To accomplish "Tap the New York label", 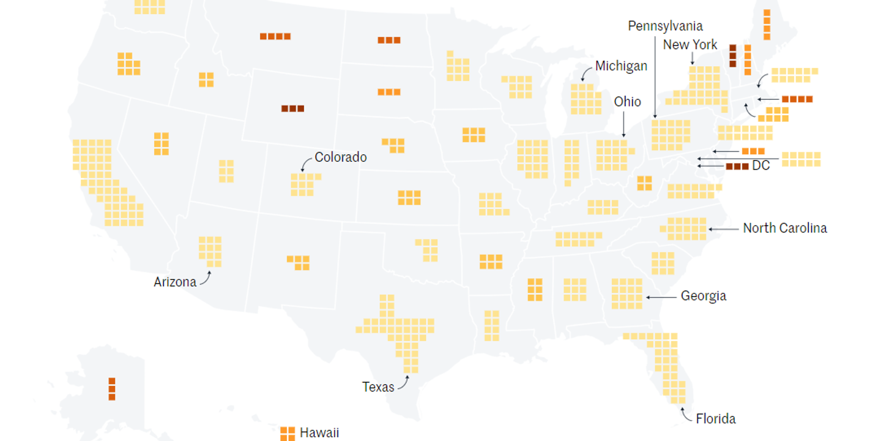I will click(690, 45).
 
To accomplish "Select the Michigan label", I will click(621, 66).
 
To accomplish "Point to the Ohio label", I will click(627, 102).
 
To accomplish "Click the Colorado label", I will click(341, 157).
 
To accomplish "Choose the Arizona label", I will click(175, 282).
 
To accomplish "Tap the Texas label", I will click(378, 387).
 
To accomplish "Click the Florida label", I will click(716, 419).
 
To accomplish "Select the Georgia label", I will click(704, 296).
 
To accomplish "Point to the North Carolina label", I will click(785, 228).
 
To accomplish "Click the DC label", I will click(760, 166).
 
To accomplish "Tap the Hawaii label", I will click(319, 433).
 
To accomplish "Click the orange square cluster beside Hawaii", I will click(288, 434).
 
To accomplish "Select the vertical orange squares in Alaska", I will click(112, 389).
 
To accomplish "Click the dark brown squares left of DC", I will click(737, 166).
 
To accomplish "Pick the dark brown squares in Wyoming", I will click(292, 108).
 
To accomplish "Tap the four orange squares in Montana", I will click(275, 36).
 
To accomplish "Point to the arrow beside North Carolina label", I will click(723, 229).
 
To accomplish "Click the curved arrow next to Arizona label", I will click(206, 278).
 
